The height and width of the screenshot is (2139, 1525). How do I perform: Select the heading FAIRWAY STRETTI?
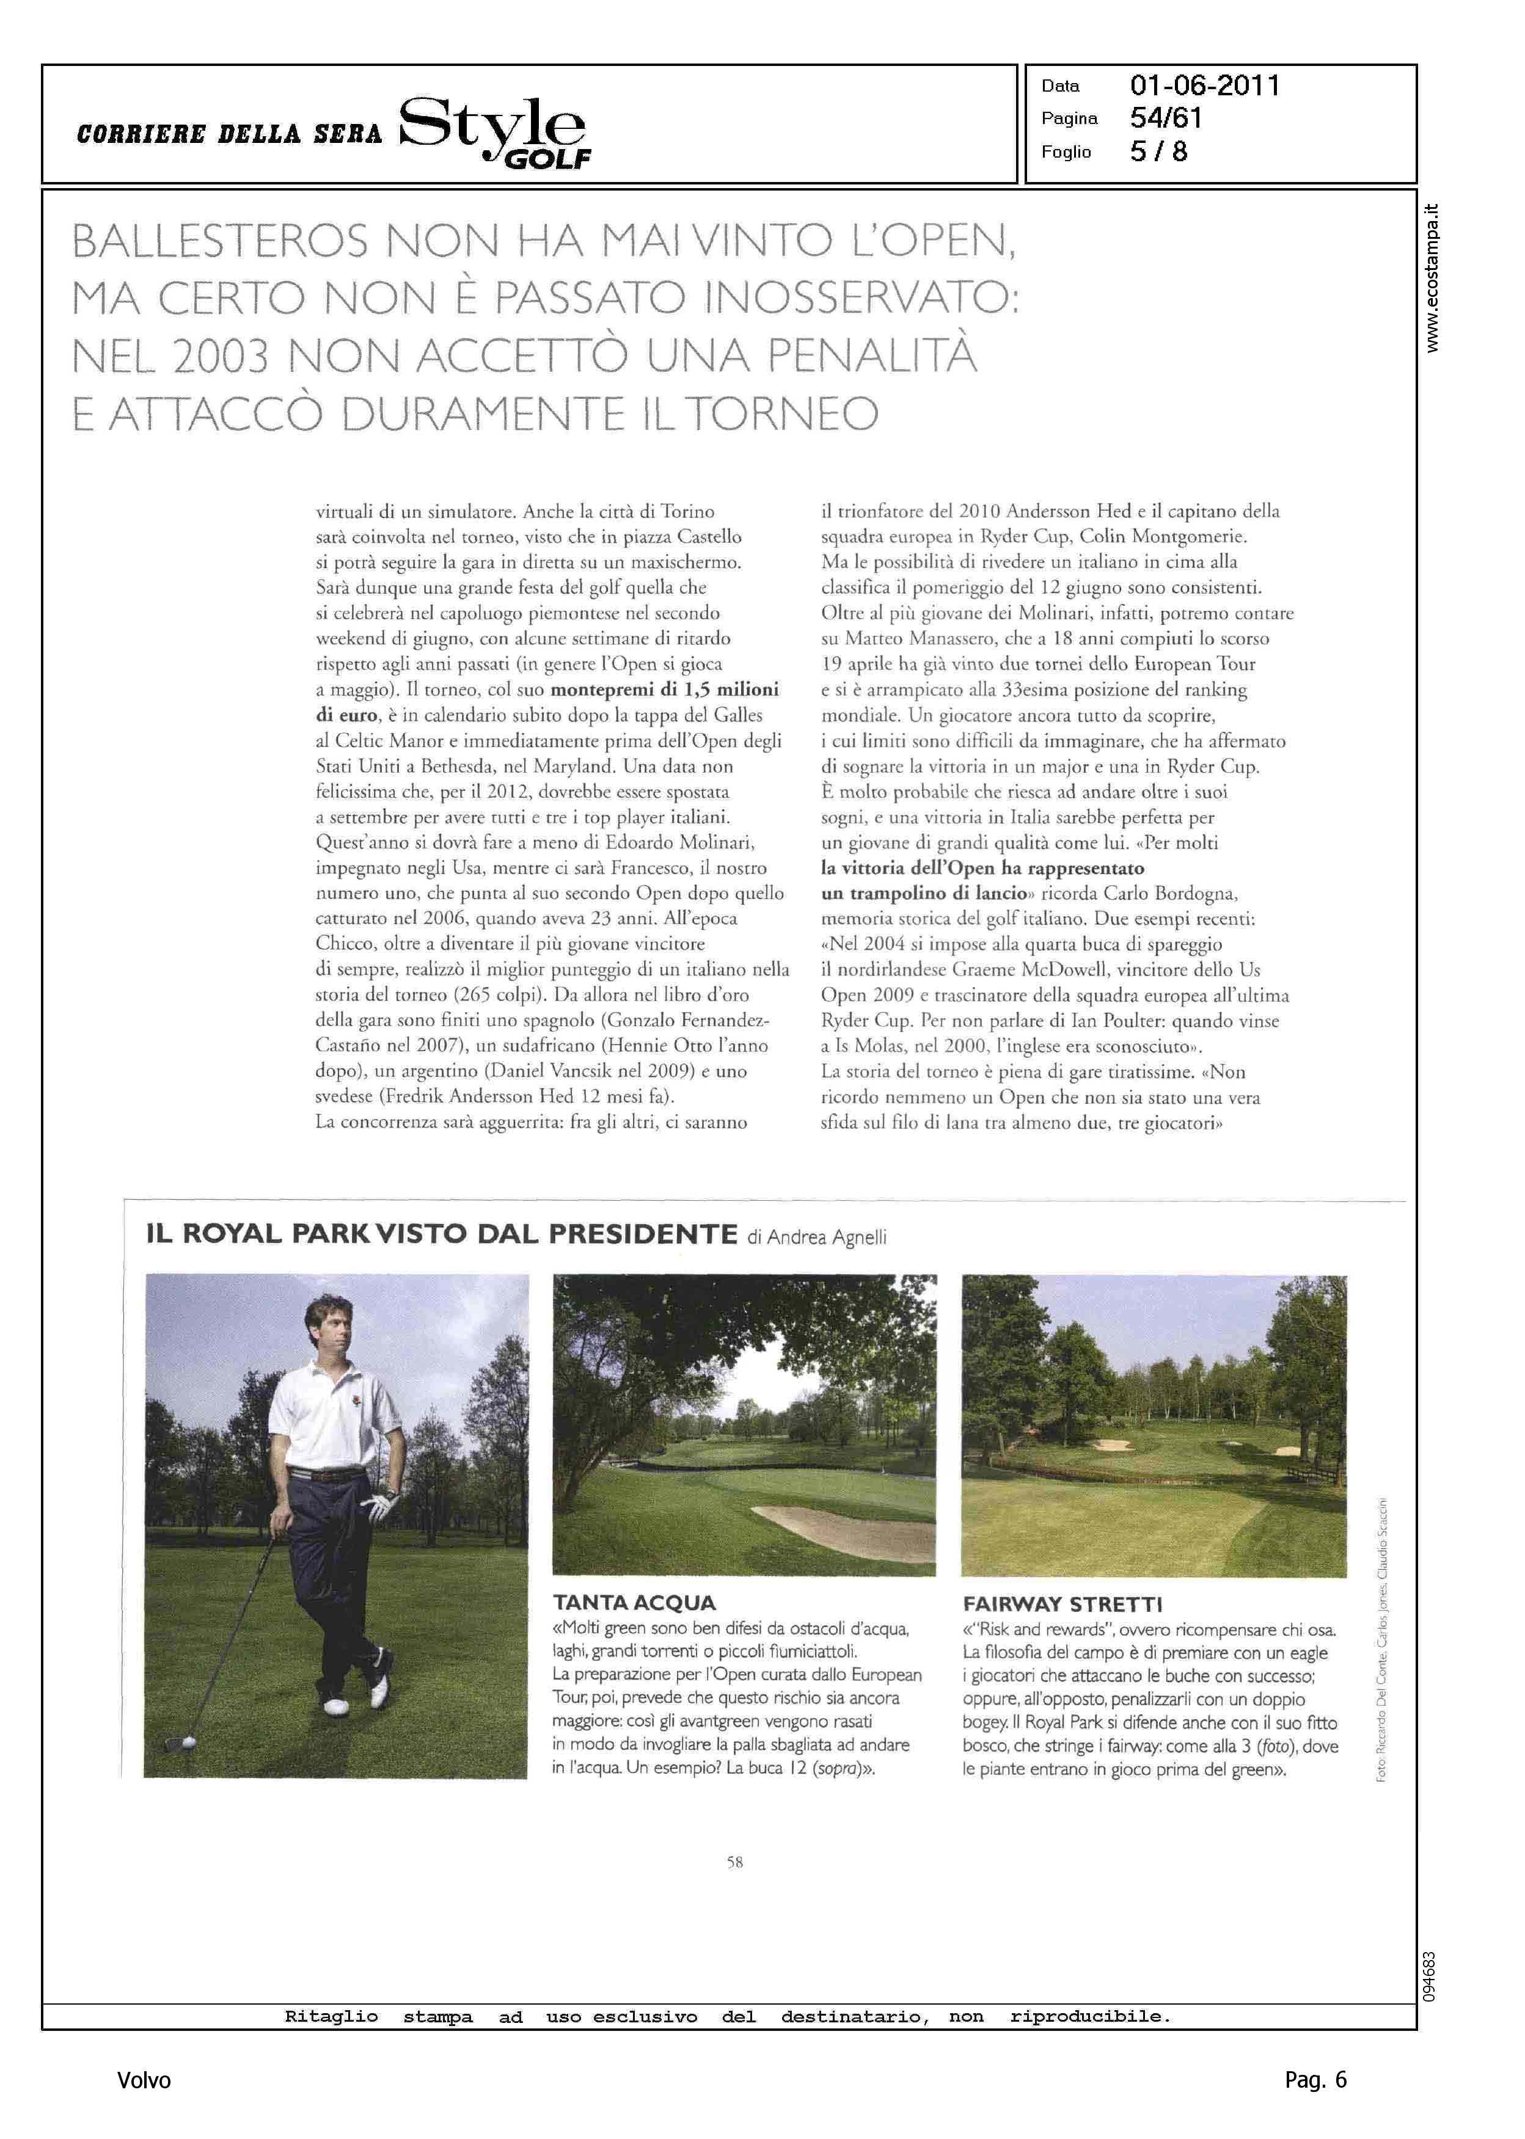coord(1062,1604)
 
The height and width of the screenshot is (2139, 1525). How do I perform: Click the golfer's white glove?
coord(378,1506)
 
